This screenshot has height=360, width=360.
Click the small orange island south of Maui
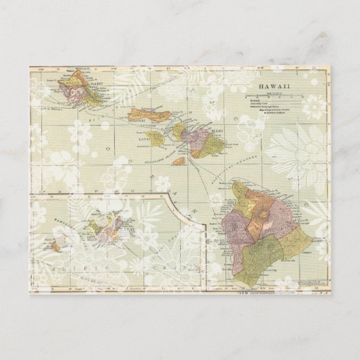179,162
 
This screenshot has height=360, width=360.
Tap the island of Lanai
158,139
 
